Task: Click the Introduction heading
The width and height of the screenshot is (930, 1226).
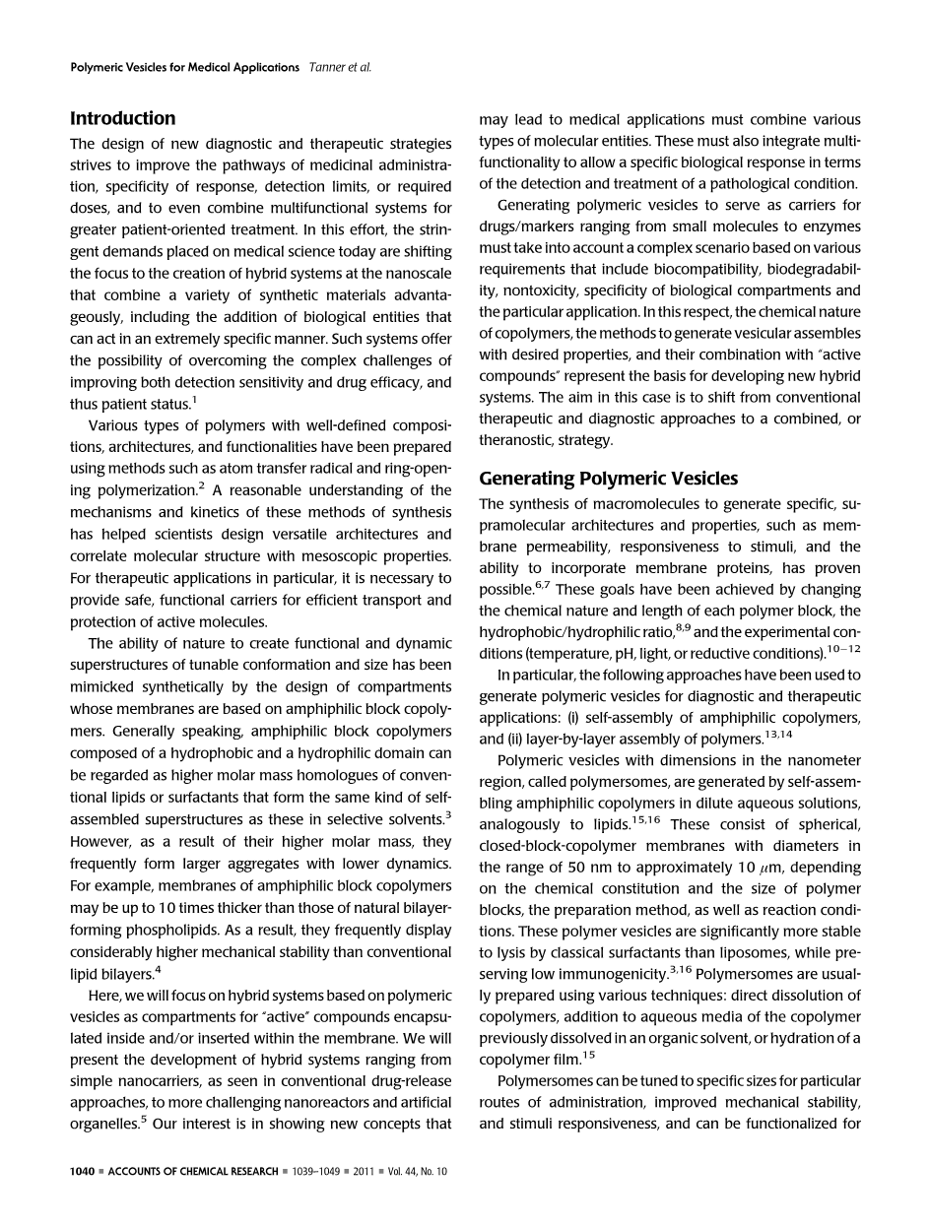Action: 122,118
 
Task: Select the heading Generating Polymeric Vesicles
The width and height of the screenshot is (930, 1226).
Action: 608,479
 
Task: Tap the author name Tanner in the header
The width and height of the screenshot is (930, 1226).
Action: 329,68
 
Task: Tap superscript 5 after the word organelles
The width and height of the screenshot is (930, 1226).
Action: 145,1118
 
